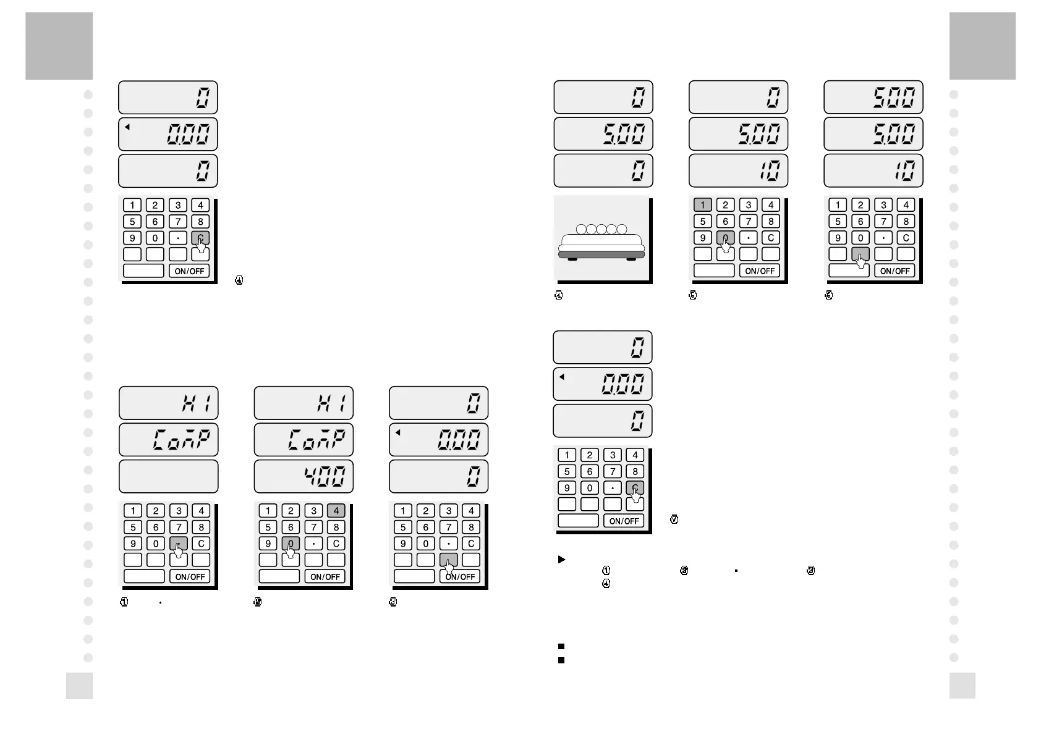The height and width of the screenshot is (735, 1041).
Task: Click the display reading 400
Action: (x=304, y=476)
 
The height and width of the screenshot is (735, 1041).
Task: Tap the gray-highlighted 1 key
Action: (x=702, y=205)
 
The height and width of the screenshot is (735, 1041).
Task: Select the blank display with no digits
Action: (x=168, y=476)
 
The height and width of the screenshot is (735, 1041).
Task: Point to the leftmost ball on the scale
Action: (x=581, y=230)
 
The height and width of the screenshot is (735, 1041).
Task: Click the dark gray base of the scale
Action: (x=601, y=254)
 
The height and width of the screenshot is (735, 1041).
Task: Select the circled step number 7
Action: (x=674, y=520)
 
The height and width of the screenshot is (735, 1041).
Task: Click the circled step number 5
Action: (x=693, y=295)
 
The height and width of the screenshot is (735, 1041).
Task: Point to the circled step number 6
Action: (x=829, y=295)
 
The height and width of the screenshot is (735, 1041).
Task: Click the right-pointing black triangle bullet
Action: (x=561, y=560)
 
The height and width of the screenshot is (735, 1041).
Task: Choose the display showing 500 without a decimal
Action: (x=873, y=97)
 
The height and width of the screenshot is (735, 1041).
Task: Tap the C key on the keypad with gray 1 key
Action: (x=771, y=238)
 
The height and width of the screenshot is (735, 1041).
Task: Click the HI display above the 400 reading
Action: (x=304, y=403)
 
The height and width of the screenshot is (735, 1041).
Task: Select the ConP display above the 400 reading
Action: (x=304, y=440)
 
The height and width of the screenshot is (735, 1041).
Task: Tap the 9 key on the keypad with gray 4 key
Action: (x=268, y=544)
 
